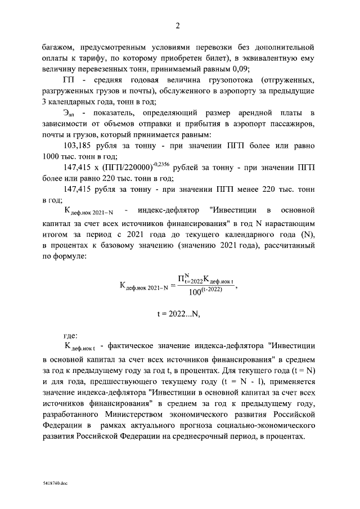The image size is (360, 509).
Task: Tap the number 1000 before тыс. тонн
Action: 53,157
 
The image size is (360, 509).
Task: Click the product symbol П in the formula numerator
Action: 182,278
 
